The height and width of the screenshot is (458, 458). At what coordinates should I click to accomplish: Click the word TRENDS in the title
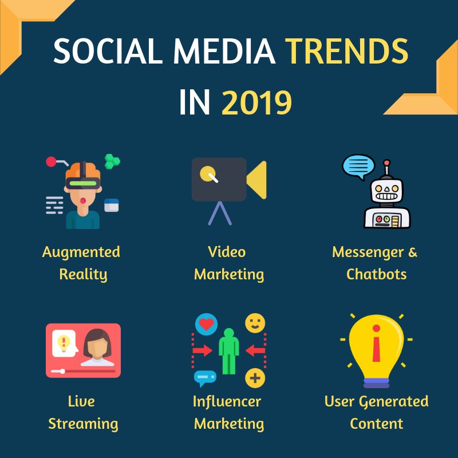coord(348,53)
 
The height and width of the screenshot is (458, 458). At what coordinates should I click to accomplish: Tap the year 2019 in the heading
coord(257,104)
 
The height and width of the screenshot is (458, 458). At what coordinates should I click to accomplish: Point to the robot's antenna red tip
coord(387,164)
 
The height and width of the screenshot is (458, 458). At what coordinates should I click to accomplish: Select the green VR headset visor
coord(82,183)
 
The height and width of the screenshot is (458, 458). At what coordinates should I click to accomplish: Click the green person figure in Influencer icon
coord(228,350)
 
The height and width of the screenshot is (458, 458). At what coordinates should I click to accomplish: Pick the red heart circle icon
coord(206,324)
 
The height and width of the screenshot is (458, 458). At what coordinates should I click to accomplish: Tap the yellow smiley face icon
coord(255,323)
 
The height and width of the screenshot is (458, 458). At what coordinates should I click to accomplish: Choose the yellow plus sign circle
coord(255,378)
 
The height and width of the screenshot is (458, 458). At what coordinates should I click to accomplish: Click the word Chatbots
coord(376,274)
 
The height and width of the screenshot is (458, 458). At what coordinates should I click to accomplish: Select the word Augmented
coord(81,252)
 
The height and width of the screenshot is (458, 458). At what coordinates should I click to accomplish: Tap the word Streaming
coord(83,424)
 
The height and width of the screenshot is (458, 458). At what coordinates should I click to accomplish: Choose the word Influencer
coord(227,402)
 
